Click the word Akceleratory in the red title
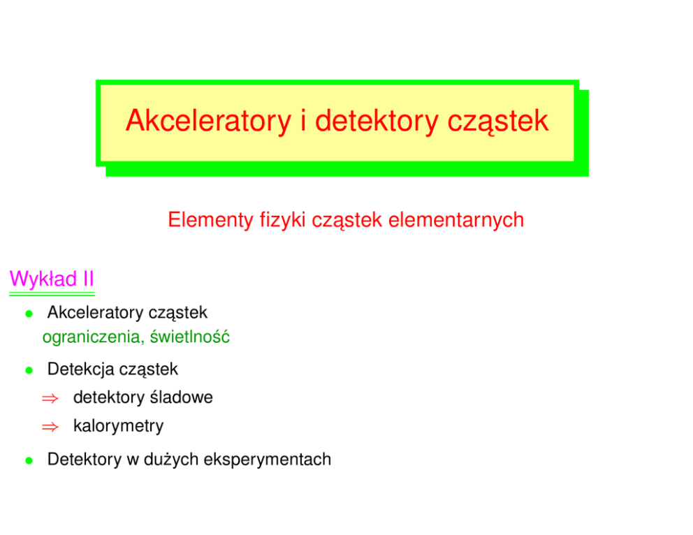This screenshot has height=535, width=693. [209, 121]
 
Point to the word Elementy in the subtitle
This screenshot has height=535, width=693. [211, 220]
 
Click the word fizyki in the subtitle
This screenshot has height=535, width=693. [282, 220]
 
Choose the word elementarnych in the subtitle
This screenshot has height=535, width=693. [456, 220]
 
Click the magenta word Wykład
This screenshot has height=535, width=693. [43, 279]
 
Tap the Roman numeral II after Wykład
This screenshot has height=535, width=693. [89, 279]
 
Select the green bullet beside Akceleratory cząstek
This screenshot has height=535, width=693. [29, 314]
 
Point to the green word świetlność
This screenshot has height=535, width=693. [190, 337]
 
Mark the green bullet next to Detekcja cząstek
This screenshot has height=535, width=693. [29, 371]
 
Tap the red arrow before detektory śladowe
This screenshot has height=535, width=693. [50, 399]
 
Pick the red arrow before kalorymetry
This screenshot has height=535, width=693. [50, 427]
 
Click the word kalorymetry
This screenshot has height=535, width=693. [119, 426]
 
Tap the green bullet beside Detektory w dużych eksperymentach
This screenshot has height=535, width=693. [29, 461]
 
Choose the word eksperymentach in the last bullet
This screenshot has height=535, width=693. [268, 460]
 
